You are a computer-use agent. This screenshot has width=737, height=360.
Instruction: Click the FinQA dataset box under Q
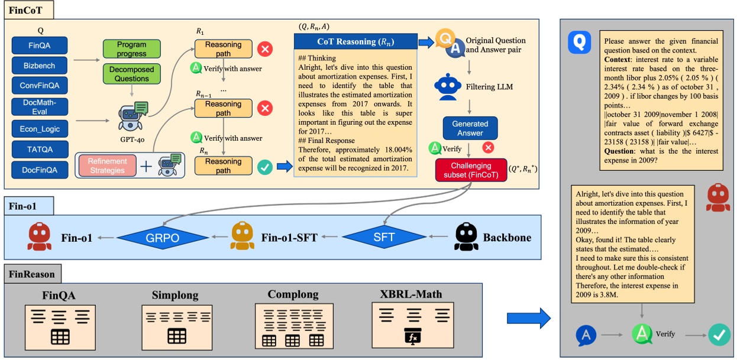(x=39, y=46)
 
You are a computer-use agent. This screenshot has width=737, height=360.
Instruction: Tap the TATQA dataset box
(x=39, y=149)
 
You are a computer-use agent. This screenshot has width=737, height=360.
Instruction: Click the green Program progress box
(x=132, y=49)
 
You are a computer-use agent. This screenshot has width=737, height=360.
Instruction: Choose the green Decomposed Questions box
(x=132, y=74)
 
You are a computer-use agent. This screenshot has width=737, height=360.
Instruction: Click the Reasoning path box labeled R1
(x=223, y=49)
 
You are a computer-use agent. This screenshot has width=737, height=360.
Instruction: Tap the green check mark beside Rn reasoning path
(x=266, y=167)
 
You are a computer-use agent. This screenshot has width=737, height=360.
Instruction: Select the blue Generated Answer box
(x=470, y=128)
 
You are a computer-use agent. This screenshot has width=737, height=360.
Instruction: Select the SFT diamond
(x=385, y=238)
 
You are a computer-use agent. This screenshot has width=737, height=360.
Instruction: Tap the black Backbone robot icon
(x=466, y=237)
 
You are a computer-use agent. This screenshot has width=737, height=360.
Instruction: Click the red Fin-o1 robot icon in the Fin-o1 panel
(x=40, y=237)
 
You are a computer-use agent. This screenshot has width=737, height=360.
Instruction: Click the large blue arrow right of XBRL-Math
(x=528, y=318)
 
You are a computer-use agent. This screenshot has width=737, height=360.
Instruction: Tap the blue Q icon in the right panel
(x=580, y=43)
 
